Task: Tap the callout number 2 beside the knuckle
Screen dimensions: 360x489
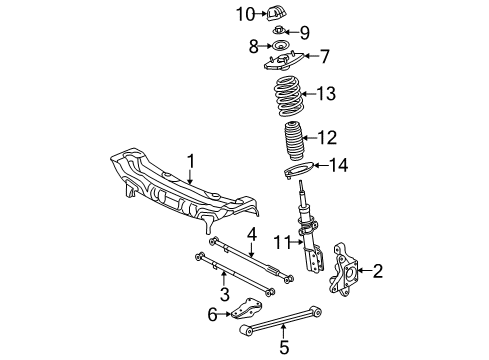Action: point(378,269)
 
